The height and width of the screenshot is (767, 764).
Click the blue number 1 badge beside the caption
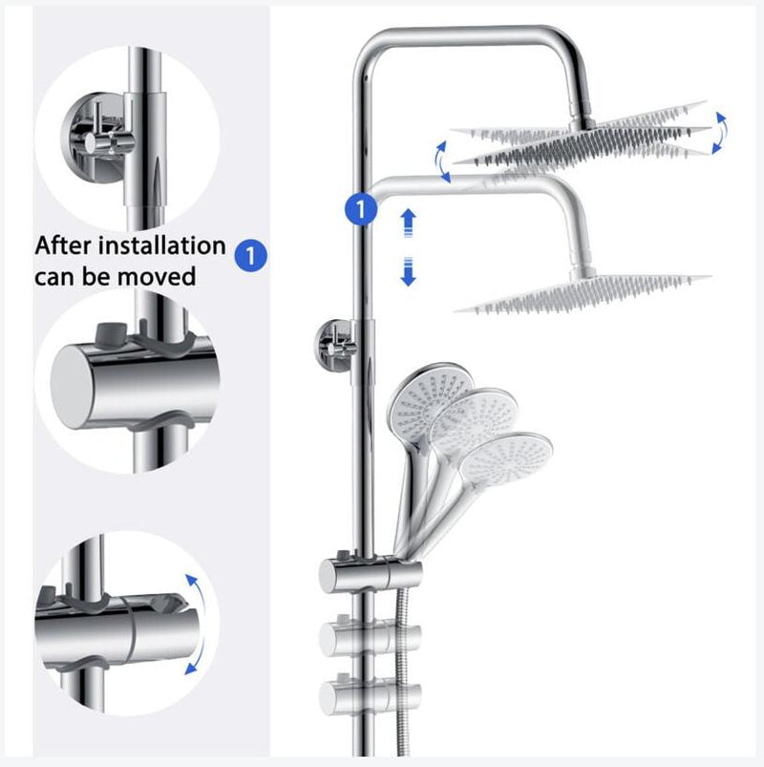250,255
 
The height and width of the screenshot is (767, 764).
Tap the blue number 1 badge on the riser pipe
361,208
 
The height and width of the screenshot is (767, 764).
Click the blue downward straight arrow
409,272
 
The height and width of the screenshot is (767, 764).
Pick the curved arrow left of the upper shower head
442,160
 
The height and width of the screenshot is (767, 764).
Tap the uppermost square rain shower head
583,134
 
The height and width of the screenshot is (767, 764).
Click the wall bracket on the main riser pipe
334,342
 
